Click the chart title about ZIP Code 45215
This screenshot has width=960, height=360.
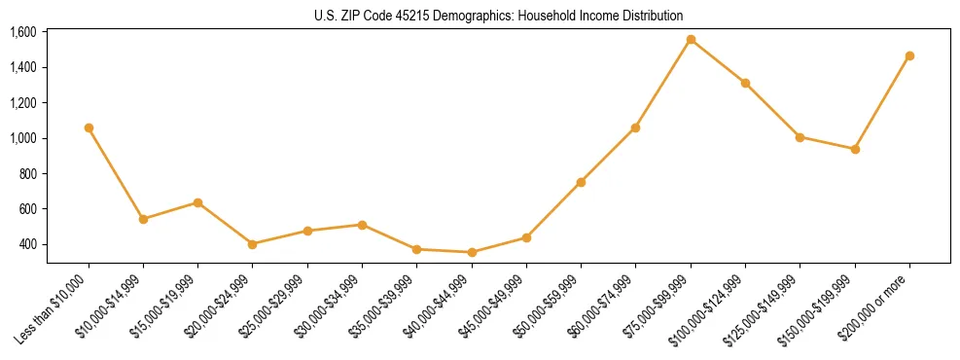pyautogui.click(x=480, y=16)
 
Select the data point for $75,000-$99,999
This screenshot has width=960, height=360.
pyautogui.click(x=691, y=40)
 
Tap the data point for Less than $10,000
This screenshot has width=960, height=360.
pyautogui.click(x=89, y=127)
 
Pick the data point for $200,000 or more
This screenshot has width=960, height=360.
pyautogui.click(x=909, y=55)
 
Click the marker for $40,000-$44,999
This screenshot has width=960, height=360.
pyautogui.click(x=472, y=252)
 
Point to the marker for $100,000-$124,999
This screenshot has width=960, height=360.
pyautogui.click(x=745, y=83)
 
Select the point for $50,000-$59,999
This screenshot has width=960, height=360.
pyautogui.click(x=581, y=182)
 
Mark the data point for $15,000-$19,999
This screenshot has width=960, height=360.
pyautogui.click(x=198, y=202)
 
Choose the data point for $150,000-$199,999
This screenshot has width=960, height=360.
pyautogui.click(x=855, y=149)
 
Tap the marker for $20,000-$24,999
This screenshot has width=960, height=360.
pyautogui.click(x=253, y=244)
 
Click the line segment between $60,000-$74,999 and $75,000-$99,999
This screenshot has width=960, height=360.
pyautogui.click(x=663, y=84)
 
